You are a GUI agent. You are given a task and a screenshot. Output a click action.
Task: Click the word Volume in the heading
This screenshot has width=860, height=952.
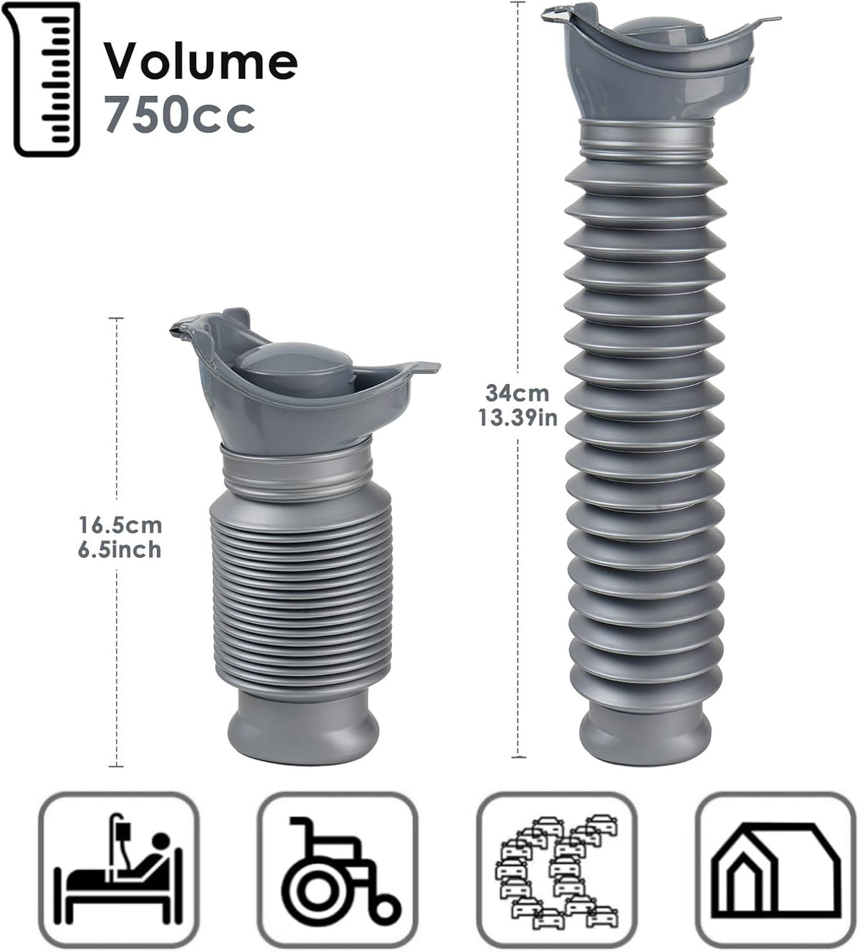point(201,62)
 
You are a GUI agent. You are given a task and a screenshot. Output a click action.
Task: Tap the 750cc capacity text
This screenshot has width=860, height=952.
point(180,115)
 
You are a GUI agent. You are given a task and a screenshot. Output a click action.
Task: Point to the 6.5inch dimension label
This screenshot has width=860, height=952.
point(120,550)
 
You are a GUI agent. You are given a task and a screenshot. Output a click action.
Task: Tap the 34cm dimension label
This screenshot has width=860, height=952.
point(517,393)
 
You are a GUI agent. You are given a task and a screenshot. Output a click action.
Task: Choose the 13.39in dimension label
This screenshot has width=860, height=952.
point(518,418)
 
